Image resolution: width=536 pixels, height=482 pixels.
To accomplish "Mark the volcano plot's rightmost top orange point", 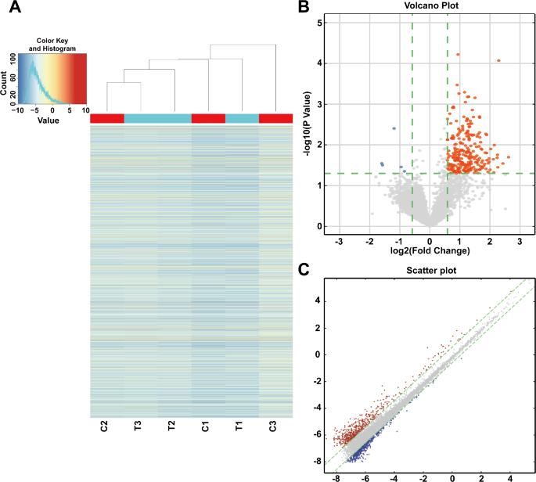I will (498, 61).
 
